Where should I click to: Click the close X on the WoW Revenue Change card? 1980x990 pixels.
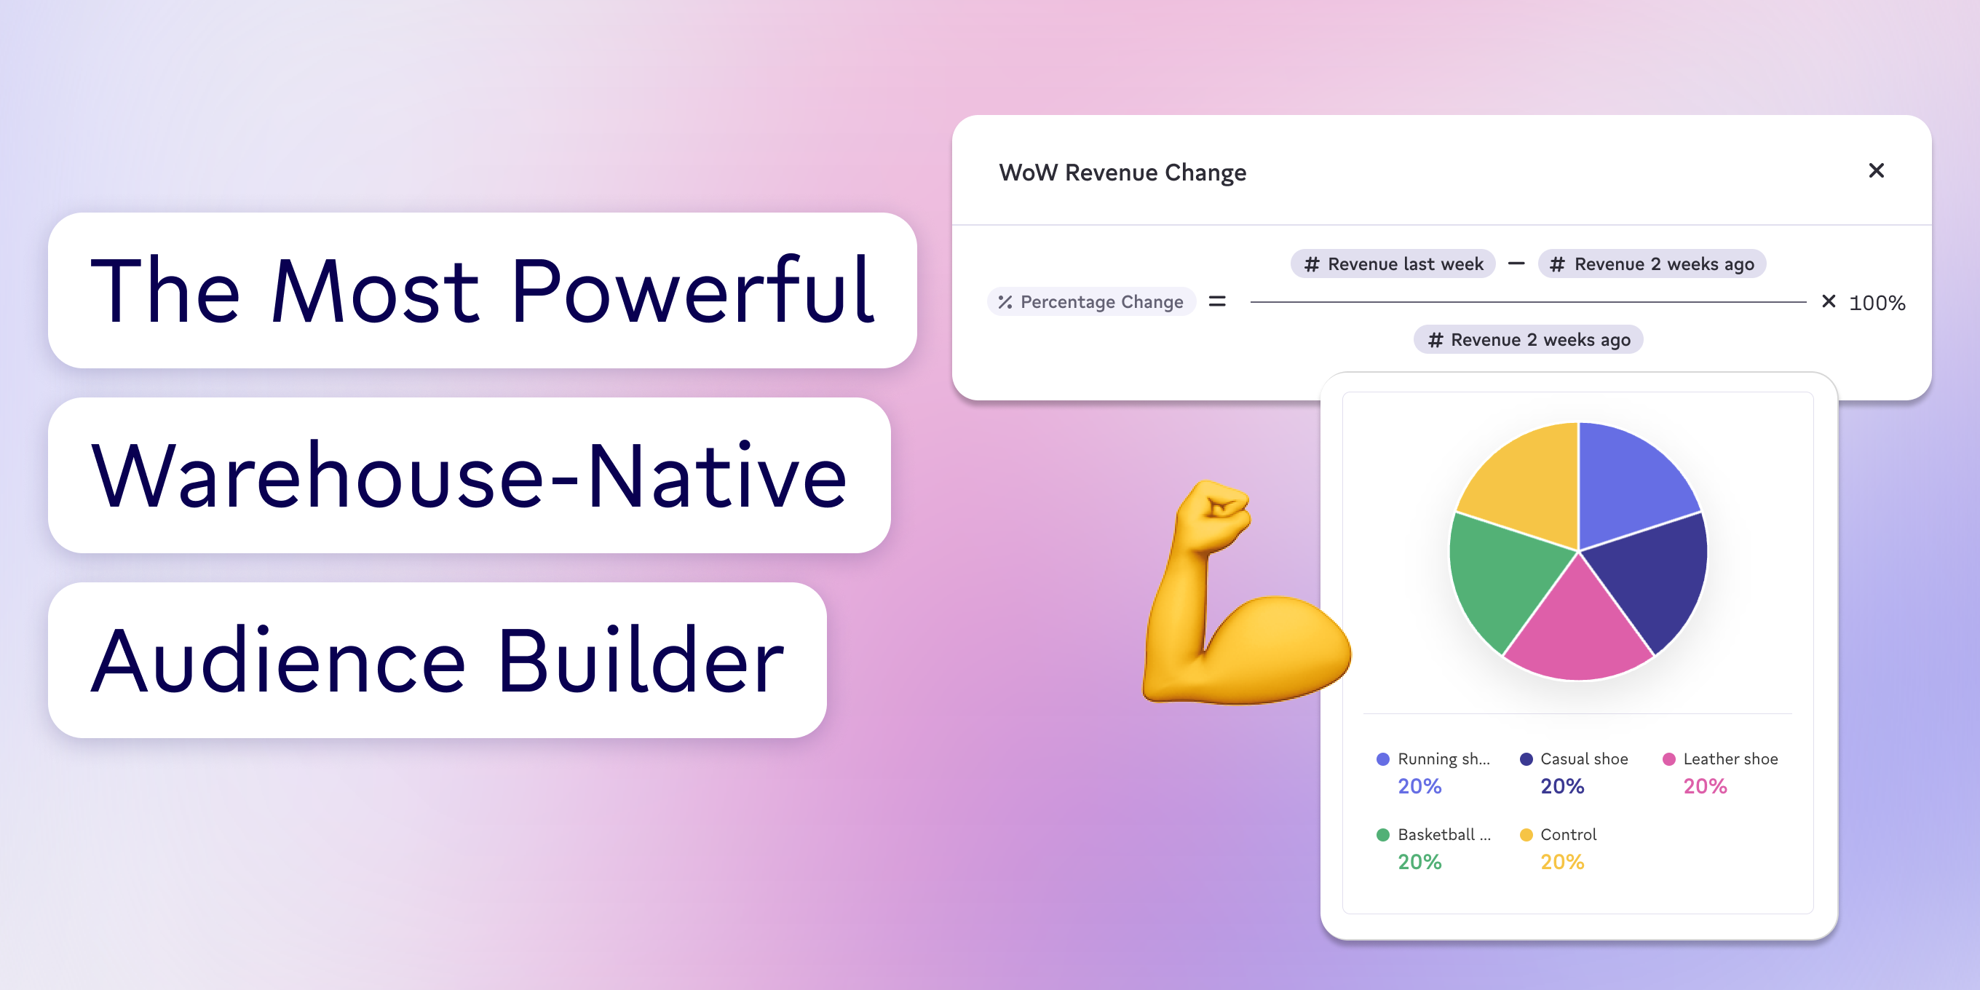point(1875,170)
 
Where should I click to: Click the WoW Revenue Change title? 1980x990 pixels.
point(1122,173)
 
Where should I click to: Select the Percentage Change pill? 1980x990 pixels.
point(1091,302)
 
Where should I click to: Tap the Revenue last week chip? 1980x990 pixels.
point(1393,264)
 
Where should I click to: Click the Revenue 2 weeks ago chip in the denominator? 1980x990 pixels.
point(1528,340)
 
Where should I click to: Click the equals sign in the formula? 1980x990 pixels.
point(1216,302)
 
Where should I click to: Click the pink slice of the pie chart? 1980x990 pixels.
point(1577,630)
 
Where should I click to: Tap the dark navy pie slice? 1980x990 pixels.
point(1652,577)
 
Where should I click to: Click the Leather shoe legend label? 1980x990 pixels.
point(1730,759)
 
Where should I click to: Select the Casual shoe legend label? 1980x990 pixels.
point(1583,759)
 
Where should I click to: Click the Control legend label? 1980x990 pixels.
point(1568,835)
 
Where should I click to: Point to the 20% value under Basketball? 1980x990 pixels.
point(1419,863)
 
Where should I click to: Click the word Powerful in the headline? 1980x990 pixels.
point(692,292)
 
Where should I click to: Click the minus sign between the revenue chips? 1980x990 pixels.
point(1516,264)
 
